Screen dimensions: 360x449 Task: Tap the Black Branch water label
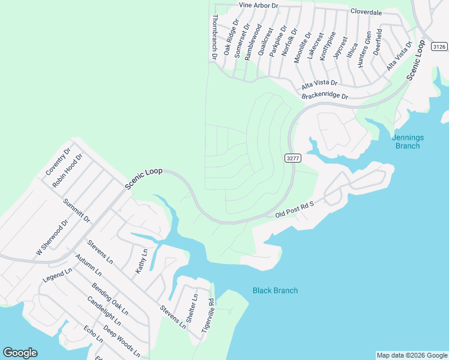(x=275, y=290)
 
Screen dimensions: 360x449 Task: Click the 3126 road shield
(x=439, y=46)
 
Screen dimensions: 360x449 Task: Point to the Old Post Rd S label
(x=295, y=209)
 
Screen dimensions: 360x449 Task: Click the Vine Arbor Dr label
(x=259, y=5)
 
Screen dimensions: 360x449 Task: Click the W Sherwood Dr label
(x=52, y=238)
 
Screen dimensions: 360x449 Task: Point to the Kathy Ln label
(x=141, y=261)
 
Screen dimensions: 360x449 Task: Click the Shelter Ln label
(x=192, y=309)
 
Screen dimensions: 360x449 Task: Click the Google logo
(x=20, y=353)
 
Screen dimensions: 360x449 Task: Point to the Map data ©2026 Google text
(x=412, y=355)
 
